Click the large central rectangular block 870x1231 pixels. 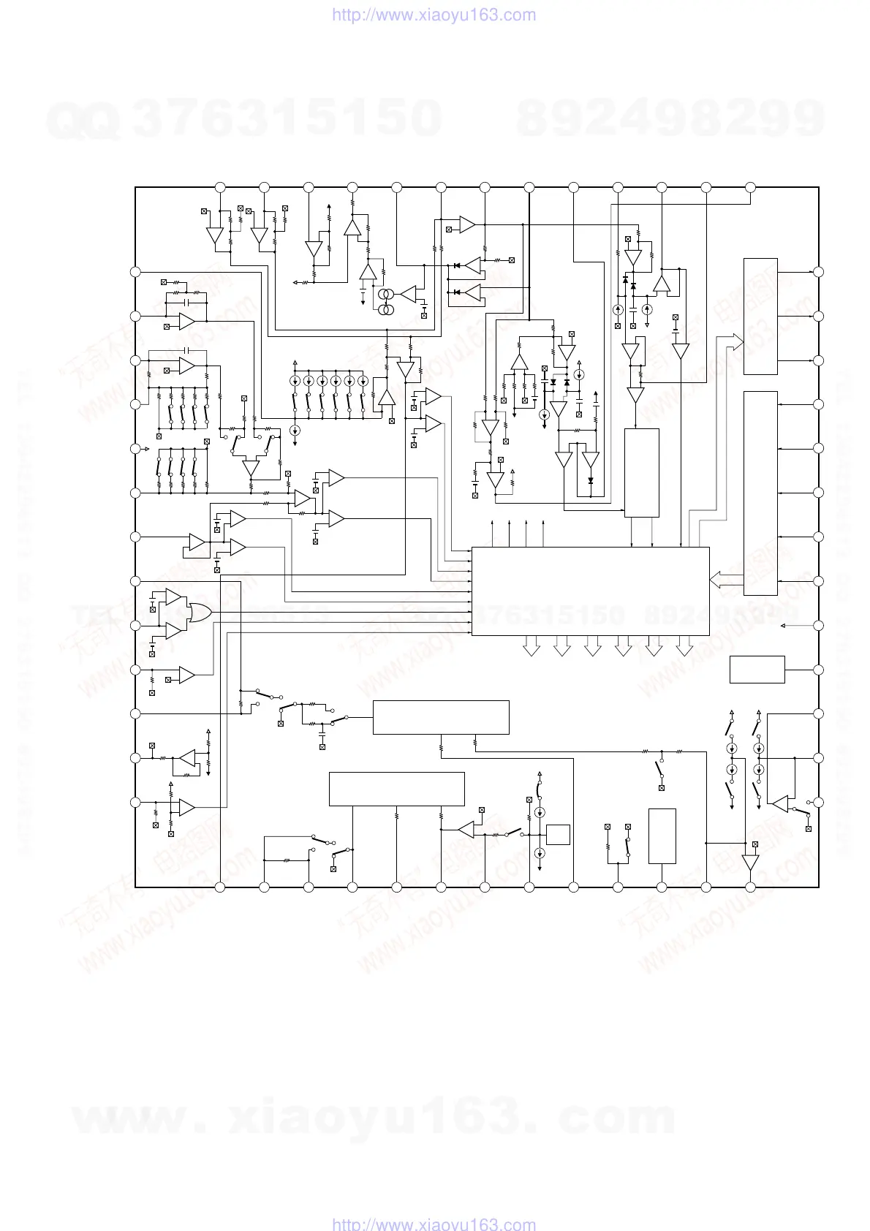(x=590, y=591)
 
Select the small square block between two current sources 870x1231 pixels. (x=558, y=834)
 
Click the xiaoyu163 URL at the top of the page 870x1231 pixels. (x=434, y=15)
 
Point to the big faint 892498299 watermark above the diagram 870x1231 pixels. (x=670, y=118)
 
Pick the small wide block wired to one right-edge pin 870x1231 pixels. (x=757, y=670)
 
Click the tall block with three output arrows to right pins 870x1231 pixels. (x=760, y=316)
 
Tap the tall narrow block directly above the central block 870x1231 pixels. (x=641, y=472)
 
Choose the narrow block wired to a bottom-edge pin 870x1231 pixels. (x=662, y=836)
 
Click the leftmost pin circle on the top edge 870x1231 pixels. (x=220, y=187)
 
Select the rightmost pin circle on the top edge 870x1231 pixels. (x=750, y=187)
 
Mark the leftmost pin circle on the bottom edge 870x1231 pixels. (x=220, y=887)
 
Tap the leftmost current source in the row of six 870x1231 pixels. (x=295, y=382)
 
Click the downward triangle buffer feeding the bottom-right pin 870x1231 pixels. (x=750, y=863)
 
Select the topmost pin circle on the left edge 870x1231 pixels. (x=135, y=272)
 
